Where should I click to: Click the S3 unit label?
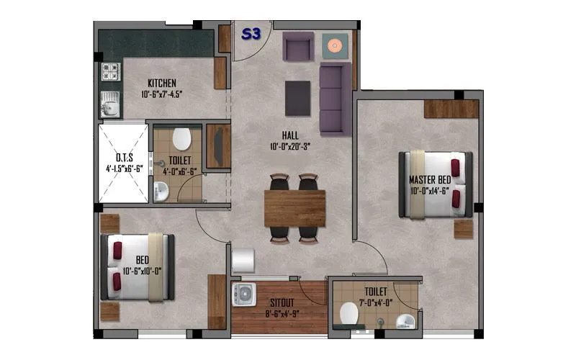coord(251,34)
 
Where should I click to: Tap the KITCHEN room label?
coord(162,83)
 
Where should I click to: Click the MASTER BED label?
coord(430,179)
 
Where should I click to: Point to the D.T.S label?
coord(125,158)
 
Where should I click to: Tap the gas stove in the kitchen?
coord(110,71)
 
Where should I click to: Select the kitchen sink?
coord(109,107)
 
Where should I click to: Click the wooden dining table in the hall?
coord(294,207)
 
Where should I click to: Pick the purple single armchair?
coord(297,48)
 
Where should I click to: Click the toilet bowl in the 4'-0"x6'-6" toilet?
coord(181,136)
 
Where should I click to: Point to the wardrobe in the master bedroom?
coord(451,108)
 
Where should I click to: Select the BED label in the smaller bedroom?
coord(142,261)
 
